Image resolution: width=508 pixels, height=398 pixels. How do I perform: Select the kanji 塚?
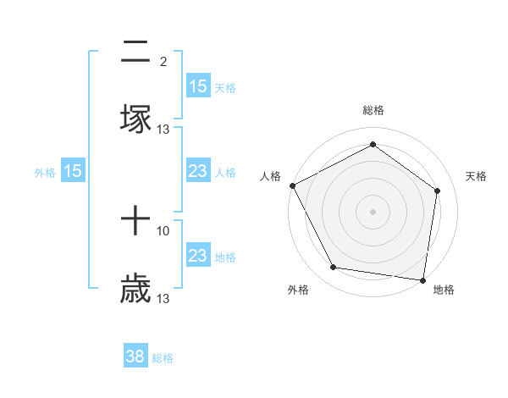[135, 119]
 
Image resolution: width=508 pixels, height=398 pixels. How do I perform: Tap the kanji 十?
[135, 223]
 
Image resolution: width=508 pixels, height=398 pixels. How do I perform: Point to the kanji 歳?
[135, 288]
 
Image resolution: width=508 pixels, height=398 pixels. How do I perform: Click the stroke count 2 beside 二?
[163, 61]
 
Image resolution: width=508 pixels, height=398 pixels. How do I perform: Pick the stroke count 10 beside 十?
[163, 230]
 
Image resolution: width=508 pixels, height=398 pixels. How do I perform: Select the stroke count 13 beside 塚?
[163, 129]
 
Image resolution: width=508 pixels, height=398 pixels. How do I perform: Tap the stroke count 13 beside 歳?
[163, 298]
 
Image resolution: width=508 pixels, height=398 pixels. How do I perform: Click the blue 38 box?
[135, 357]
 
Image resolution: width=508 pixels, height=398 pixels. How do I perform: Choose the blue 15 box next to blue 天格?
[197, 86]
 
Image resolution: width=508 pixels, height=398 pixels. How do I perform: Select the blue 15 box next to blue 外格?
[73, 171]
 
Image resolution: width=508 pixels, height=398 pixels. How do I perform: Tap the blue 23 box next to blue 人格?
[197, 171]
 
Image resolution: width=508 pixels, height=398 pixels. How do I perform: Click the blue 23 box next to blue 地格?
[197, 256]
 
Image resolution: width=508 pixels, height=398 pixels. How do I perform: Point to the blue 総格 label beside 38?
[163, 358]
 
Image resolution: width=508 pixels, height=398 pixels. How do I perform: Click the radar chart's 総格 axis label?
[373, 110]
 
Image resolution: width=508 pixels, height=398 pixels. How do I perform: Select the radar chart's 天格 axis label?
[477, 176]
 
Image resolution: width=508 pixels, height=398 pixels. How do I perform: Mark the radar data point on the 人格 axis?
[292, 185]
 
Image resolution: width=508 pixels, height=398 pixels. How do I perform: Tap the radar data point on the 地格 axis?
[423, 279]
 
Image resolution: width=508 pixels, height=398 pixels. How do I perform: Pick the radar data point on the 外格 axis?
[334, 268]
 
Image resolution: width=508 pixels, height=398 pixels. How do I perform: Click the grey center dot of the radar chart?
[373, 211]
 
